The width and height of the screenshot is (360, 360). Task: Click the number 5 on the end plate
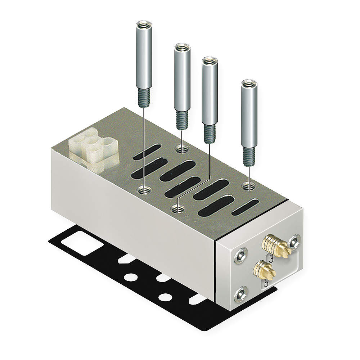[266, 283]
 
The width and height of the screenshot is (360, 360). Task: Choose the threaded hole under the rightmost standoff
[248, 186]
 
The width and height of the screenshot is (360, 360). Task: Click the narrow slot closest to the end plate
[245, 207]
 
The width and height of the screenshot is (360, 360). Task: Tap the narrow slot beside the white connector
[147, 152]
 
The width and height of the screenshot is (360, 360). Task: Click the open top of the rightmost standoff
[249, 84]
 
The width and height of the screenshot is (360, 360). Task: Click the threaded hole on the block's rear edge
[181, 148]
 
